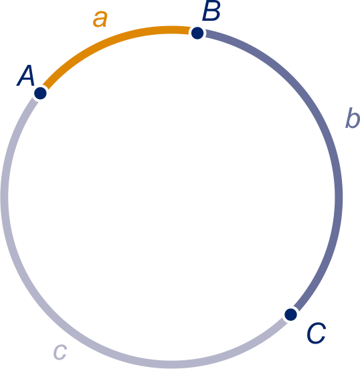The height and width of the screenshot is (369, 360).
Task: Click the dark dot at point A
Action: (x=40, y=93)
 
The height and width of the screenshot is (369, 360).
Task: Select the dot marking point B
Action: (x=197, y=33)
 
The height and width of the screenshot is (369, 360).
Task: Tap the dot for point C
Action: (x=290, y=314)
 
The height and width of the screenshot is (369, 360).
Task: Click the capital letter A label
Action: (x=26, y=75)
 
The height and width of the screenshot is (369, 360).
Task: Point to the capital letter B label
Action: (x=211, y=11)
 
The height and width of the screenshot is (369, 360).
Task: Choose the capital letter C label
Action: (x=317, y=333)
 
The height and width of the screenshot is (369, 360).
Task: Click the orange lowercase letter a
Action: (x=100, y=19)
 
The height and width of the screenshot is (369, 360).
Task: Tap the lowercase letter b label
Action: (x=353, y=118)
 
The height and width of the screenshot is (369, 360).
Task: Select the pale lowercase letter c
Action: (x=60, y=352)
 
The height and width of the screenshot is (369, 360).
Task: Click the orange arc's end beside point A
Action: (x=46, y=87)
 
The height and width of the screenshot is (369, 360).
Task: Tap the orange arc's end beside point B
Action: (x=189, y=30)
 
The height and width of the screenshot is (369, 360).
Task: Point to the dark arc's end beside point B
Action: (x=205, y=33)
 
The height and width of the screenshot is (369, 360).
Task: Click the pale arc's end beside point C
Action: (x=285, y=321)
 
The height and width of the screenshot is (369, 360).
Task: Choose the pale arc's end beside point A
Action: (x=35, y=100)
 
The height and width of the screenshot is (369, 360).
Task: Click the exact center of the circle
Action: (x=171, y=197)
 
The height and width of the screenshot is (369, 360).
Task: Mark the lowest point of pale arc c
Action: (x=171, y=364)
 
